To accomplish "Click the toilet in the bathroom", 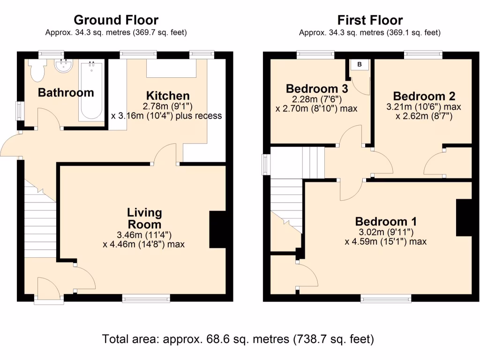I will [37, 70].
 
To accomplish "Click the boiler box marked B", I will [360, 65].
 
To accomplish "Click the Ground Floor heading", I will [116, 20].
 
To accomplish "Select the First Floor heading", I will [370, 20].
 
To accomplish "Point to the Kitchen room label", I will [167, 96].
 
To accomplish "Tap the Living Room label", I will [144, 219].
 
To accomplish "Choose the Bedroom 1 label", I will [386, 222].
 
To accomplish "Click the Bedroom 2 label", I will [424, 97].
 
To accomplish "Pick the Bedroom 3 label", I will [317, 89].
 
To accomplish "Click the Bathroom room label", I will [66, 93].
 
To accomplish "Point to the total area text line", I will [238, 338].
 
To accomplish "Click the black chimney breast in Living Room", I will [217, 229].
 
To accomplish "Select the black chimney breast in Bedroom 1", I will [464, 217].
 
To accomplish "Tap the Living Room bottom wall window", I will [146, 298].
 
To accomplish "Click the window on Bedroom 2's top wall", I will [423, 55].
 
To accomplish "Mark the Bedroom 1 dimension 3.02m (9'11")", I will [386, 232].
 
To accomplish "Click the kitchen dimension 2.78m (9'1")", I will [167, 106].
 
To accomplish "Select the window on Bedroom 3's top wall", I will [315, 55].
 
